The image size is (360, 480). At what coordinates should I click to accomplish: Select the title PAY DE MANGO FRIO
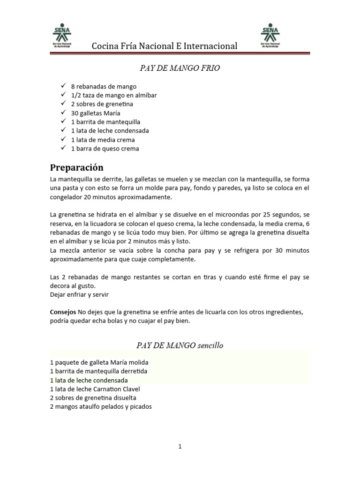click(180, 68)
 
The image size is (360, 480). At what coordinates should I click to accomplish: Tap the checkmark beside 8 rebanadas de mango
click(63, 86)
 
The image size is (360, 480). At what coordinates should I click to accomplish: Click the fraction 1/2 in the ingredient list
click(76, 95)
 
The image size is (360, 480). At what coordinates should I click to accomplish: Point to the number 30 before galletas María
click(75, 113)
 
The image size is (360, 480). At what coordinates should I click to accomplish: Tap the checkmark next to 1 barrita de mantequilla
click(63, 122)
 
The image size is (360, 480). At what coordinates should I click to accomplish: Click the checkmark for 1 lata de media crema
click(63, 140)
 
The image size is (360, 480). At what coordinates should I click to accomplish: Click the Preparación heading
click(76, 167)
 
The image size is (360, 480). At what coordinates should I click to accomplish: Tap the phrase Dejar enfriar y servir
click(80, 294)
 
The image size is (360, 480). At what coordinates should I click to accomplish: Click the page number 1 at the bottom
click(180, 447)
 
